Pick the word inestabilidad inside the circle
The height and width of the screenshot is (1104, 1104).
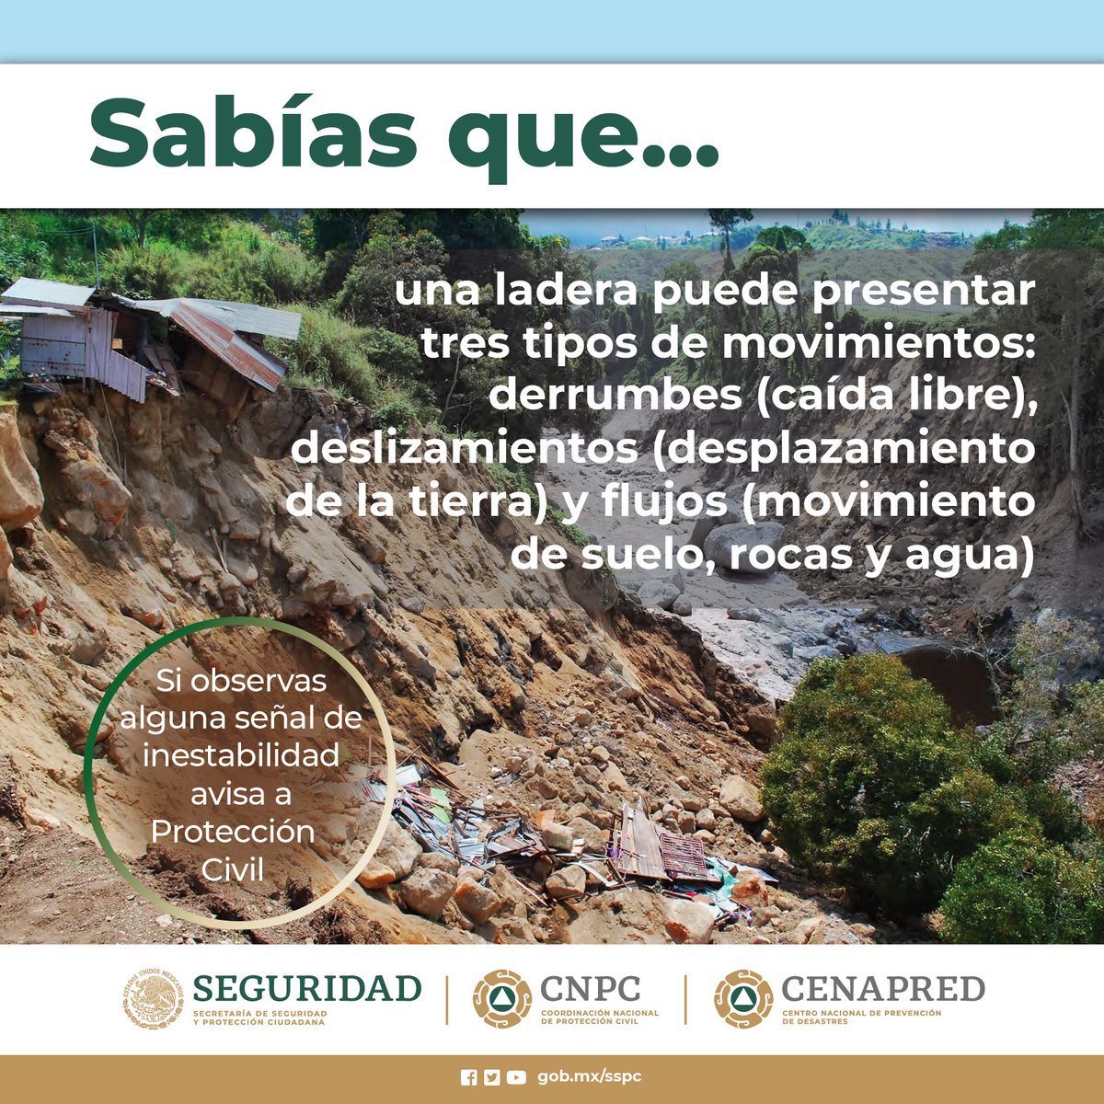[x=241, y=755]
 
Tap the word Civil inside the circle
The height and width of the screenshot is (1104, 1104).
[x=232, y=868]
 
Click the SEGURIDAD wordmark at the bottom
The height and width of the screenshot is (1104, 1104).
[x=307, y=988]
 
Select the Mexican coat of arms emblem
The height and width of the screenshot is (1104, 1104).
[x=154, y=998]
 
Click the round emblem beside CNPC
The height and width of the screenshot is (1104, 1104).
[x=502, y=998]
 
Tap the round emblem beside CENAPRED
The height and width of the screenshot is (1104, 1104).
[x=743, y=998]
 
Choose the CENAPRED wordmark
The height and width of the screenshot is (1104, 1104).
[x=882, y=989]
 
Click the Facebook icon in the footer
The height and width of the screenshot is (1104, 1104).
[x=468, y=1077]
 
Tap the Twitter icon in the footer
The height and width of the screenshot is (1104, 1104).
[x=492, y=1077]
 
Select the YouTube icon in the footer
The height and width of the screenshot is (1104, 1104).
[x=516, y=1077]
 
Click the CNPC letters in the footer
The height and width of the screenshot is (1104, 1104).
[x=590, y=988]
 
